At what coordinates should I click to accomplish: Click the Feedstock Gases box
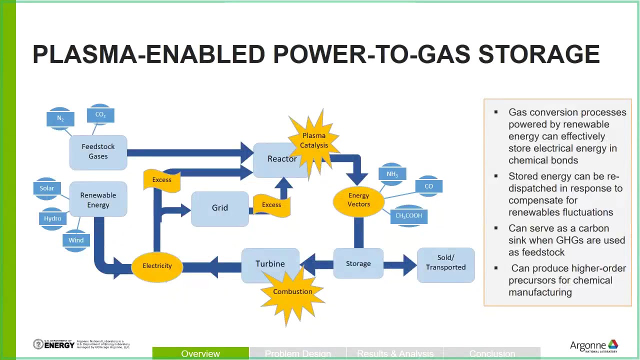(98, 151)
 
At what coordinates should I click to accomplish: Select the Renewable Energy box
(98, 200)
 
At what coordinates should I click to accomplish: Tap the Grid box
(219, 208)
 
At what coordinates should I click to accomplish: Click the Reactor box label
(281, 159)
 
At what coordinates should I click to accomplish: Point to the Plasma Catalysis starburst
(314, 140)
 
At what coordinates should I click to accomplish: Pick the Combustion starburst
(292, 292)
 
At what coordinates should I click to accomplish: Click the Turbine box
(270, 264)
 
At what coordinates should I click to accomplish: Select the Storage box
(358, 264)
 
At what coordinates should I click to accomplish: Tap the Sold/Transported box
(445, 262)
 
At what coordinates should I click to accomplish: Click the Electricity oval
(157, 266)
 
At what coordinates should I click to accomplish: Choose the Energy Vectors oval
(358, 200)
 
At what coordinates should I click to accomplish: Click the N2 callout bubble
(60, 119)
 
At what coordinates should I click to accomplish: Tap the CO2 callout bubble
(100, 115)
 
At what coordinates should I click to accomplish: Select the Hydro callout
(52, 219)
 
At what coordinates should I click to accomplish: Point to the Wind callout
(76, 240)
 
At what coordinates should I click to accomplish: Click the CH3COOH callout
(408, 216)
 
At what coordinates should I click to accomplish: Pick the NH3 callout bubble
(392, 174)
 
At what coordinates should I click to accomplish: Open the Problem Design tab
(297, 354)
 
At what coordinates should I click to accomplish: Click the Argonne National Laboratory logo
(594, 346)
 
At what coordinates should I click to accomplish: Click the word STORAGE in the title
(538, 54)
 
